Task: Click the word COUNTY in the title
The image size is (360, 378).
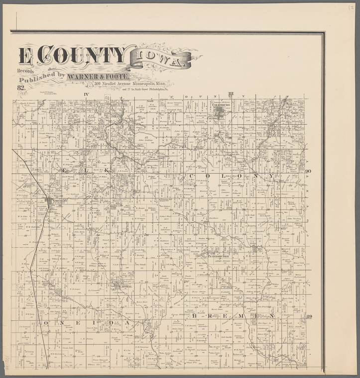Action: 83,55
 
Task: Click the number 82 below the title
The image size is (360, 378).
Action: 21,88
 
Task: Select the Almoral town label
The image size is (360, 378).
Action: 123,286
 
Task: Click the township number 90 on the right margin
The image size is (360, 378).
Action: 308,171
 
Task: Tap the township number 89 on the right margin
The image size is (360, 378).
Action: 309,316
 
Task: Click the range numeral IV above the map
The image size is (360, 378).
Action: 86,94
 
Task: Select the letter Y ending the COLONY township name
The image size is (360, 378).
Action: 272,176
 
